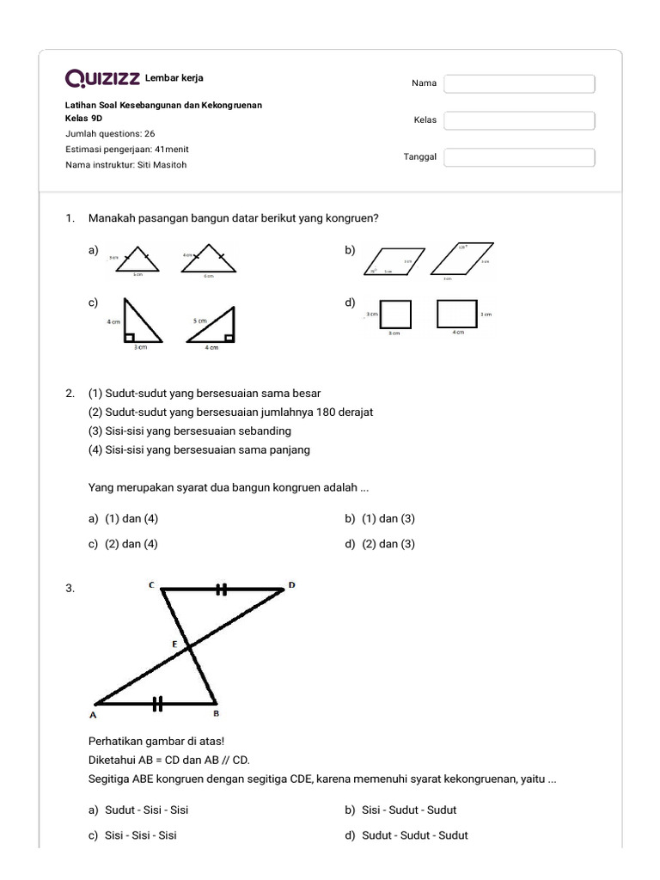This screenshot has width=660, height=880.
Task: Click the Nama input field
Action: pos(519,83)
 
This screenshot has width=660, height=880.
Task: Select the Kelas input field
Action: pos(519,120)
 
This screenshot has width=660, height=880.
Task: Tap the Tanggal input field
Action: pos(519,157)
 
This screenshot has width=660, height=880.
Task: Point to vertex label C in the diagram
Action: pos(151,585)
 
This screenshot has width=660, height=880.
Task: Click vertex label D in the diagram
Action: pos(291,585)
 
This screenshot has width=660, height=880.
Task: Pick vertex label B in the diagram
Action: pos(216,713)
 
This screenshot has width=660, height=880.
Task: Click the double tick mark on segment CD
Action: pos(222,590)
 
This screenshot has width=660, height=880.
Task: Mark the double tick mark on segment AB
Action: pos(157,704)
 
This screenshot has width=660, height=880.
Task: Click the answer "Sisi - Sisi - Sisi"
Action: pos(141,835)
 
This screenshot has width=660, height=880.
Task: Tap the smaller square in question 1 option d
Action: pos(395,314)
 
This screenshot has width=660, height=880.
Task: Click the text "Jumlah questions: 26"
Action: pos(110,134)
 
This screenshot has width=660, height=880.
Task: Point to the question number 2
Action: pos(70,394)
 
